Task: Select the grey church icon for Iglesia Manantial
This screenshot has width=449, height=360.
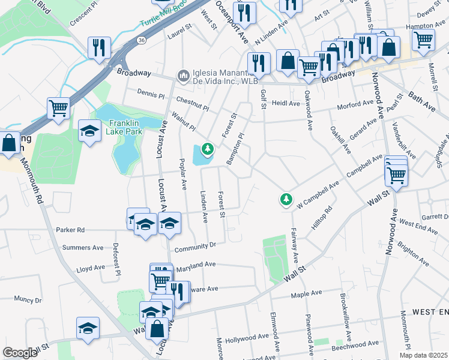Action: [182, 75]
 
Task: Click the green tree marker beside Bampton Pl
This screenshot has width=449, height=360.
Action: [208, 147]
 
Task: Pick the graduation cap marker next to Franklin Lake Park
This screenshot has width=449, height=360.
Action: [89, 132]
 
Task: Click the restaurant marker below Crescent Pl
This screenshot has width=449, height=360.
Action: [99, 47]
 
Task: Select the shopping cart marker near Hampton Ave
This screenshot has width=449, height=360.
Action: [423, 40]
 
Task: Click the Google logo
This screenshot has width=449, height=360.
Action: [20, 352]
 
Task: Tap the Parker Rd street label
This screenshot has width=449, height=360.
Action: [70, 230]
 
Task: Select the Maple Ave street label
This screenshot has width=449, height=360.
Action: [307, 294]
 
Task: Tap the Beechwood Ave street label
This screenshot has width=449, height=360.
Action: [357, 344]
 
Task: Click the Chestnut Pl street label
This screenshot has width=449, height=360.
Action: [192, 104]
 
